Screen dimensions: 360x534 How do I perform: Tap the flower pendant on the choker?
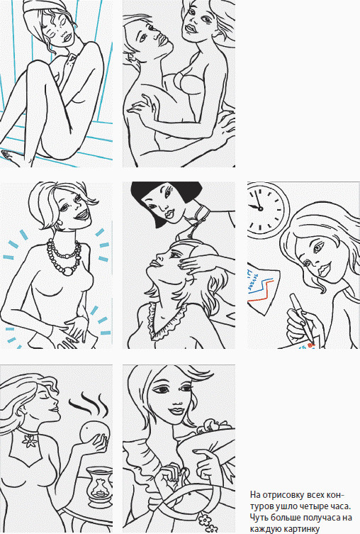pyautogui.click(x=30, y=440)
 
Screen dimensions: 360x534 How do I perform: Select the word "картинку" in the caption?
pyautogui.click(x=303, y=528)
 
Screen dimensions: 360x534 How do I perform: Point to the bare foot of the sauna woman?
pyautogui.click(x=10, y=157)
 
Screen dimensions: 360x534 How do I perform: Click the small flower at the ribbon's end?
pyautogui.click(x=205, y=520)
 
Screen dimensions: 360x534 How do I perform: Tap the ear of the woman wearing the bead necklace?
pyautogui.click(x=61, y=223)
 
